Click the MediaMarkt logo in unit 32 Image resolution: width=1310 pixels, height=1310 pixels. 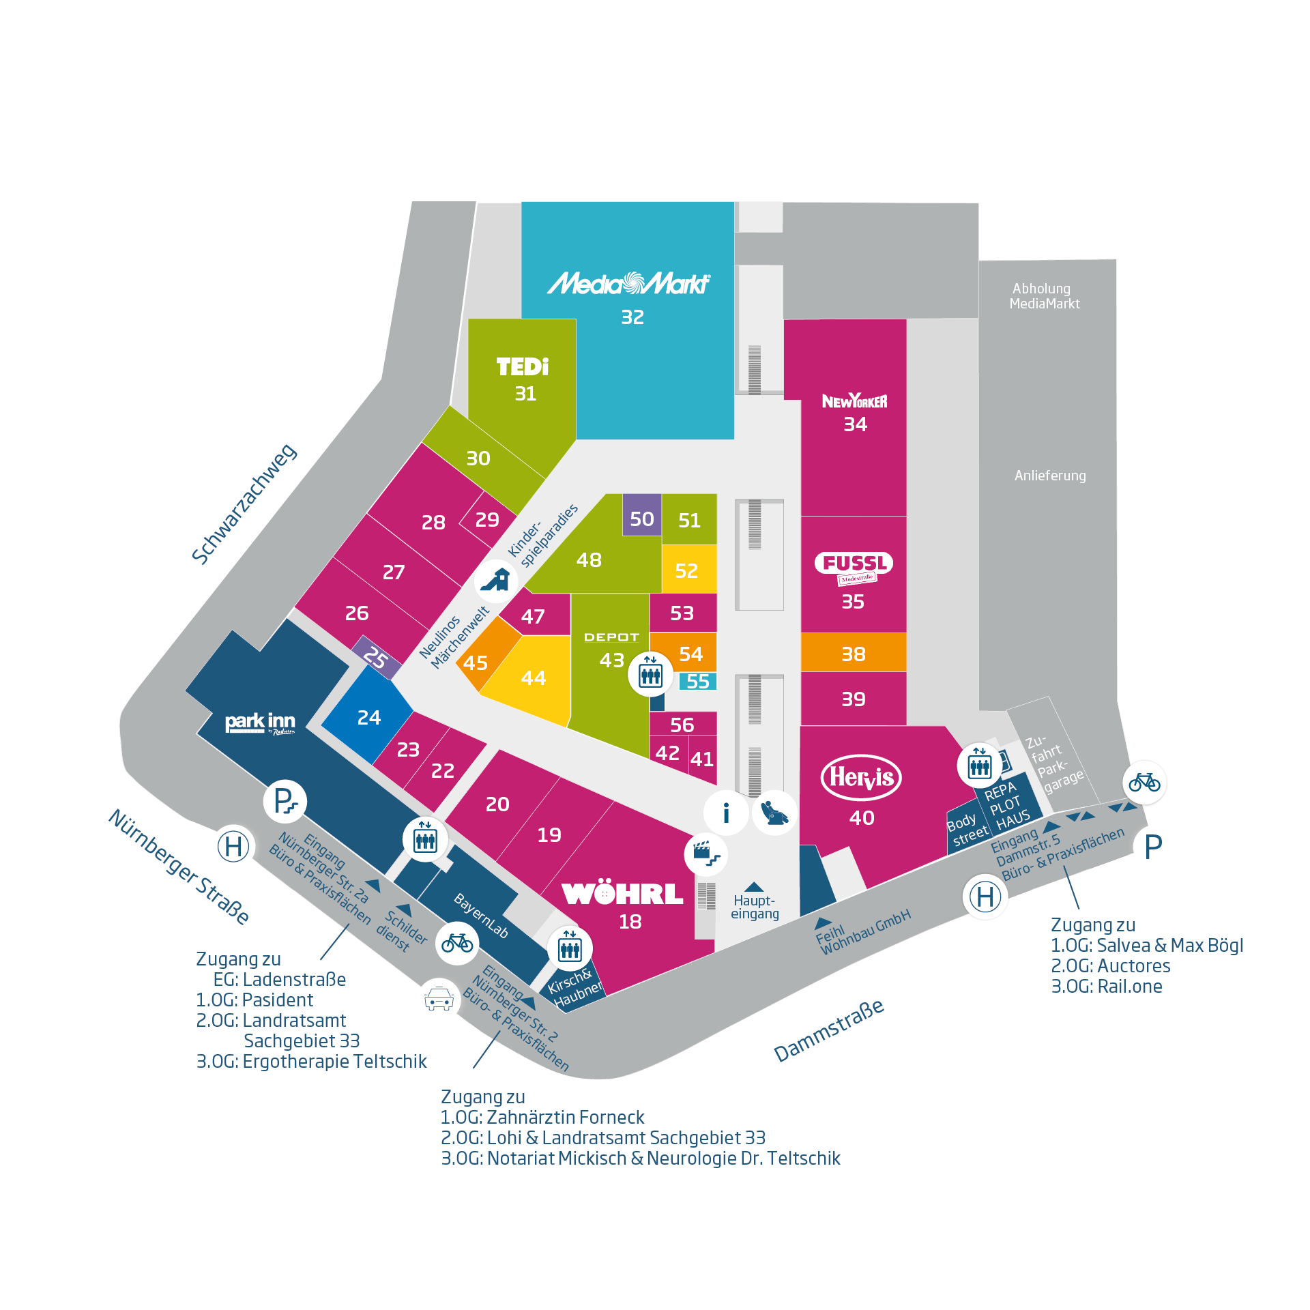[x=628, y=283]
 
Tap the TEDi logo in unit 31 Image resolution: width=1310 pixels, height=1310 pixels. [x=523, y=367]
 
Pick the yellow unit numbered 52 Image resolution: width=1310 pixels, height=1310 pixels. [x=688, y=570]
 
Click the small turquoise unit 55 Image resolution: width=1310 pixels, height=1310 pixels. [x=697, y=681]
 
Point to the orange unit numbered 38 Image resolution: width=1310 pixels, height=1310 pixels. [x=853, y=654]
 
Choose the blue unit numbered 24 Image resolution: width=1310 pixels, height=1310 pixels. [x=368, y=717]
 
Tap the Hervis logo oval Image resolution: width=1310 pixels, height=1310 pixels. [x=861, y=777]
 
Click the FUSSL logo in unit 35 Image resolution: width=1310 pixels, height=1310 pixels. [x=854, y=564]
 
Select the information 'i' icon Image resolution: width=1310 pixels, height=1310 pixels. [x=726, y=813]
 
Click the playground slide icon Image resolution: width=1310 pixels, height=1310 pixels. [x=496, y=581]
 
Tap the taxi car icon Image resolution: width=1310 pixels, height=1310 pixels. [x=439, y=1000]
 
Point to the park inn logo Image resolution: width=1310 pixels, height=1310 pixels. [x=260, y=723]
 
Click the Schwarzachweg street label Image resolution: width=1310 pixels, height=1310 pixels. [x=244, y=504]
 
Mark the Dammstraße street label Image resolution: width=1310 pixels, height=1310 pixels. [x=829, y=1030]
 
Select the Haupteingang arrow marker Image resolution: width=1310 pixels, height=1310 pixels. [x=754, y=887]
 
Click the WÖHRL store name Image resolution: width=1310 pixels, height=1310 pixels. [x=622, y=894]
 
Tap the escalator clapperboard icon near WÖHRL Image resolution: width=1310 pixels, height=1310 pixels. [x=705, y=854]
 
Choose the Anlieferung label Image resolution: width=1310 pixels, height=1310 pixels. [x=1050, y=476]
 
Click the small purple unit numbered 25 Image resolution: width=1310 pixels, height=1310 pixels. [x=375, y=657]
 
